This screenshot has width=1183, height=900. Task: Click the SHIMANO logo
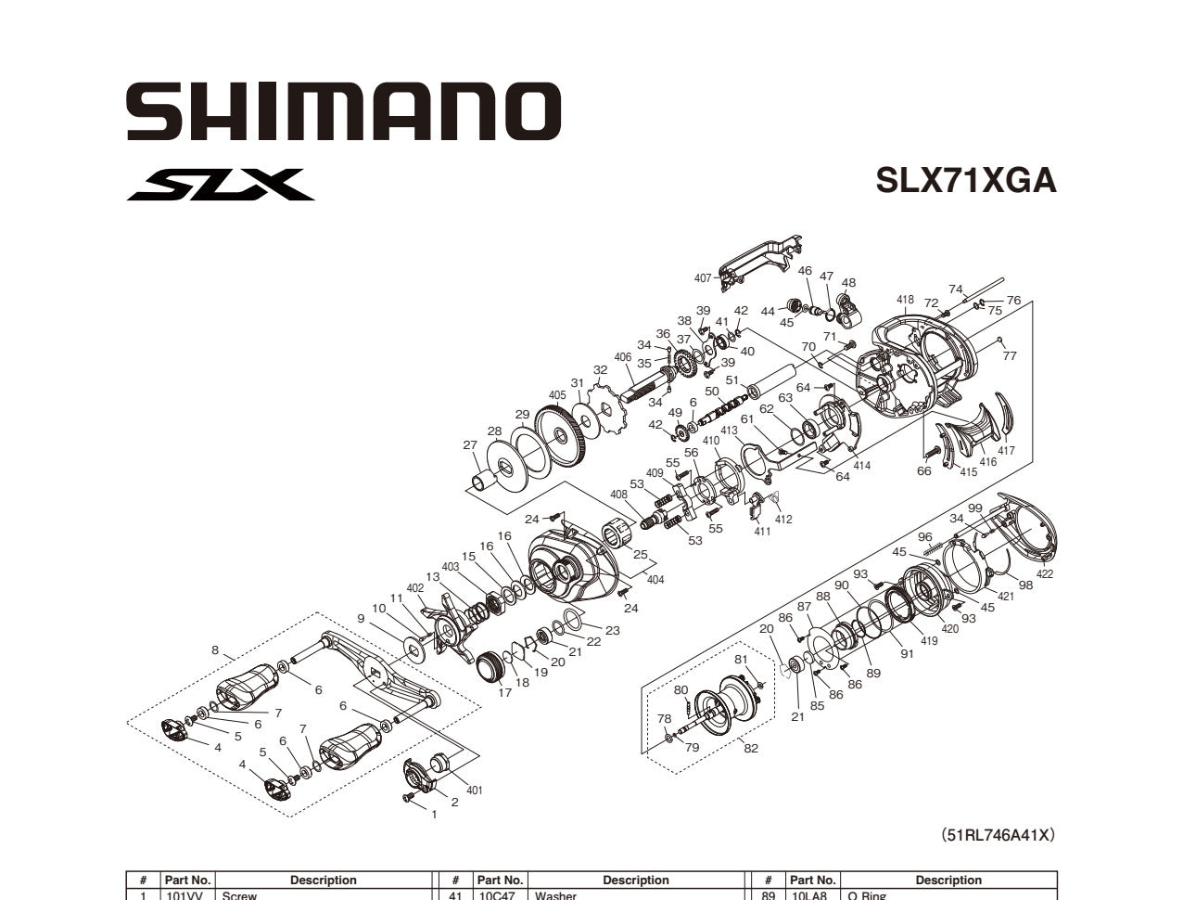[x=343, y=111]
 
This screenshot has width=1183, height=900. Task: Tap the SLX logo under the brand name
[x=221, y=185]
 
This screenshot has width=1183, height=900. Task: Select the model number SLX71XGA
[x=965, y=180]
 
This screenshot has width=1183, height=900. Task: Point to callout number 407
[x=703, y=278]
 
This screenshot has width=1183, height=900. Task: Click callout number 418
[x=905, y=300]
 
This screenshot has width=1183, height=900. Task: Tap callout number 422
[x=1045, y=574]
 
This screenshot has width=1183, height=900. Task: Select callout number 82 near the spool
[x=750, y=748]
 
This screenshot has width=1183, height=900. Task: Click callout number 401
[x=475, y=791]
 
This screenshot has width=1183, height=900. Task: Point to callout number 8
[x=215, y=650]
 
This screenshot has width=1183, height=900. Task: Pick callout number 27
[x=470, y=445]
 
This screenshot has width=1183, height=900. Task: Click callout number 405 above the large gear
[x=556, y=395]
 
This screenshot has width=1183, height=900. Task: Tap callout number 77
[x=1010, y=355]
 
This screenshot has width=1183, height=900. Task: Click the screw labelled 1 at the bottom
[x=407, y=797]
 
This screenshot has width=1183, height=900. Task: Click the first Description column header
[x=323, y=880]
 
